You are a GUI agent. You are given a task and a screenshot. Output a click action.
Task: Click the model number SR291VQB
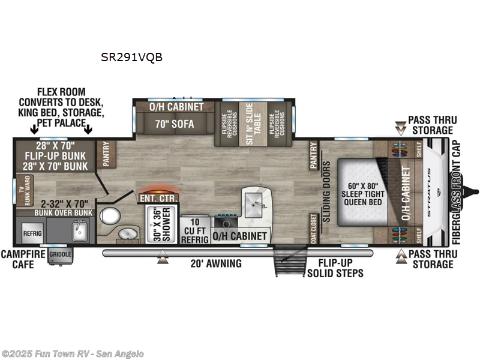(131, 58)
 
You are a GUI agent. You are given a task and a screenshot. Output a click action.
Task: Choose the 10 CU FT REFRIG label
(195, 231)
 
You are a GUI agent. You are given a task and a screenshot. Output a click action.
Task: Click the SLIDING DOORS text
(327, 191)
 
